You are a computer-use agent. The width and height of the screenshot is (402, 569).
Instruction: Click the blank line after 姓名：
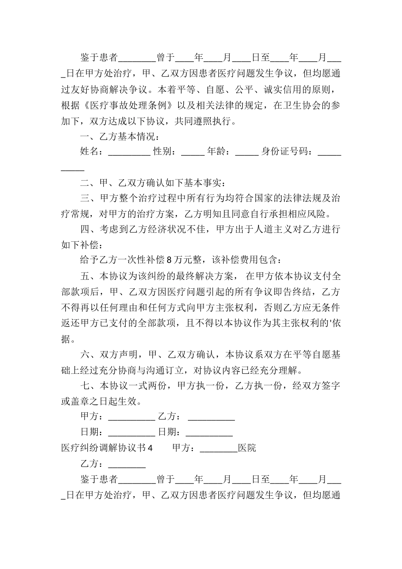tap(129, 152)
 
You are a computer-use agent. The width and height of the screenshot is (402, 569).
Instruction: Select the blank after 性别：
tap(193, 152)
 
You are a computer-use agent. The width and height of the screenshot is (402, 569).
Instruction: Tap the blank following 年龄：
tap(246, 152)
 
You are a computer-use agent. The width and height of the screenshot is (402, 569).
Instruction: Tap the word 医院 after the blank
tap(247, 448)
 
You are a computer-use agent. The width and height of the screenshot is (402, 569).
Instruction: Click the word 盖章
tap(81, 401)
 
